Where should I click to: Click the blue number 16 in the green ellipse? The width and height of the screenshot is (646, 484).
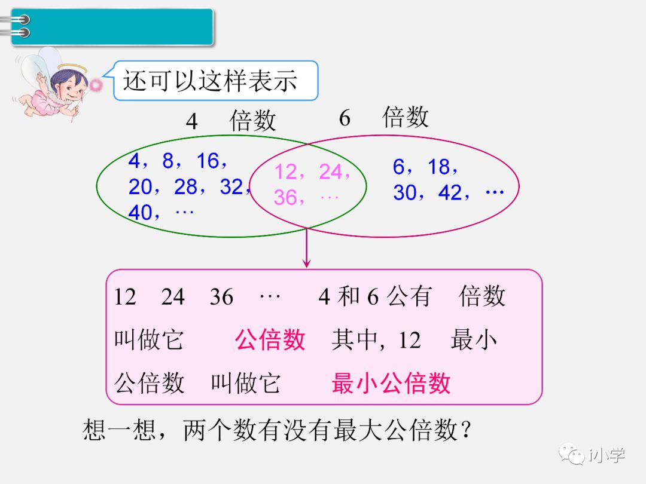tap(208, 161)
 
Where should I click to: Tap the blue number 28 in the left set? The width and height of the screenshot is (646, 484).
tap(185, 187)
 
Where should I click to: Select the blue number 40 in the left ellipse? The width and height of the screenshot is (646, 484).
tap(141, 213)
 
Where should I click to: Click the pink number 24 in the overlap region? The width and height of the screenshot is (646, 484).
tap(330, 172)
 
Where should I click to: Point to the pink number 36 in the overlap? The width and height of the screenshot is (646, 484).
tap(286, 197)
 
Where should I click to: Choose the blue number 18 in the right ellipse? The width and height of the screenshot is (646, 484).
tap(439, 167)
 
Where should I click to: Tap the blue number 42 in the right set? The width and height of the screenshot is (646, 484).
tap(450, 193)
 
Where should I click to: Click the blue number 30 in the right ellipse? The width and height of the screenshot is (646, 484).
tap(405, 193)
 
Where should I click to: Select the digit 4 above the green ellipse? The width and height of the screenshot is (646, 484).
tap(191, 121)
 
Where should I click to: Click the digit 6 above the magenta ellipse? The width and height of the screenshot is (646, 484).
tap(345, 118)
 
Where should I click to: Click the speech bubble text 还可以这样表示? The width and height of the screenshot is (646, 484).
tap(210, 81)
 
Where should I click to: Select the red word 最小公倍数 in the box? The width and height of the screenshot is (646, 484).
tap(391, 383)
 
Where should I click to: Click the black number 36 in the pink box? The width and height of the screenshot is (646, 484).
tap(221, 297)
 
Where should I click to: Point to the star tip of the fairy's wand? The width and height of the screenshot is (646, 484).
tap(96, 85)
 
